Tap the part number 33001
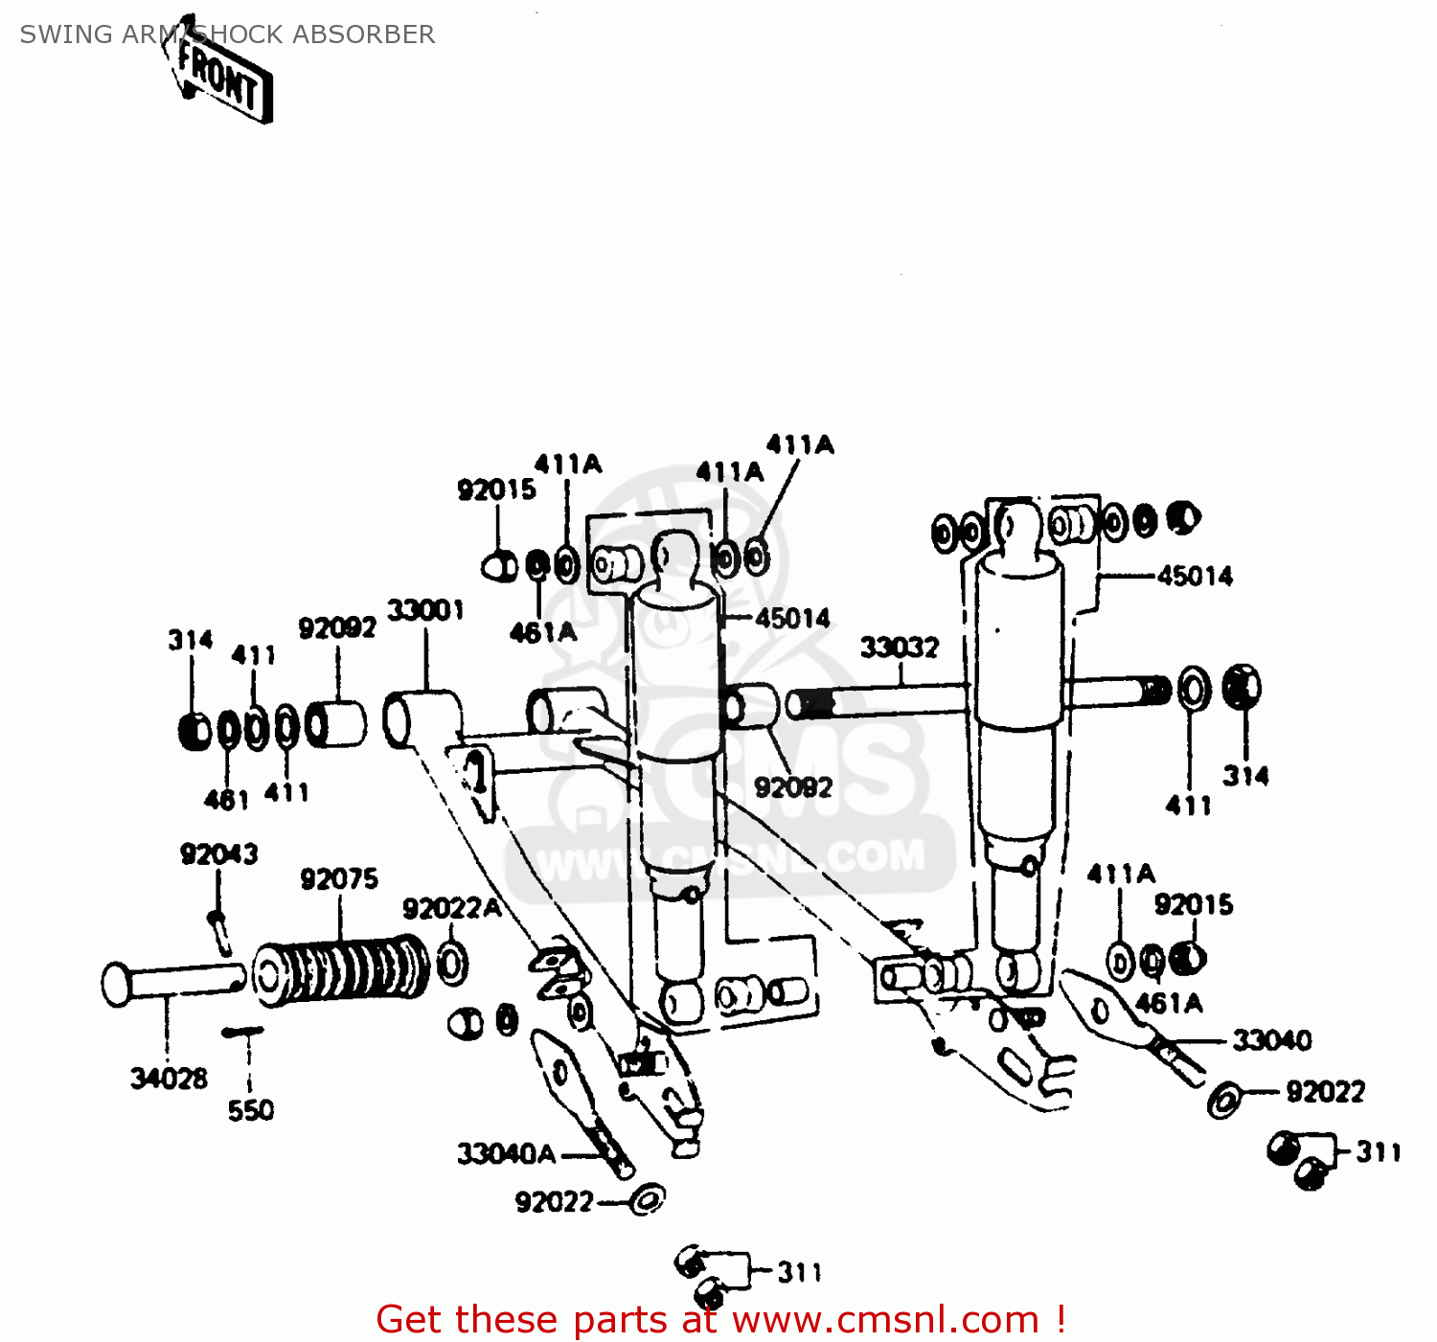(x=425, y=610)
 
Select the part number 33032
(x=899, y=648)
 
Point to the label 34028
(x=169, y=1079)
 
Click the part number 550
(x=250, y=1110)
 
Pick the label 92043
(x=218, y=853)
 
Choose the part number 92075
(x=339, y=878)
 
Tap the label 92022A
(x=451, y=908)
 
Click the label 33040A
(x=506, y=1153)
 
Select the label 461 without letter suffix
(x=226, y=799)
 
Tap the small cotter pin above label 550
(x=242, y=1032)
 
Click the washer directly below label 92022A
(x=452, y=963)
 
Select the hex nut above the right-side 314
(x=1243, y=687)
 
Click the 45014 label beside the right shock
(x=1195, y=576)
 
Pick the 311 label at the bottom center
(x=799, y=1272)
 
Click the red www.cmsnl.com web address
(x=885, y=1320)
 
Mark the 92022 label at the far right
(x=1325, y=1091)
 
